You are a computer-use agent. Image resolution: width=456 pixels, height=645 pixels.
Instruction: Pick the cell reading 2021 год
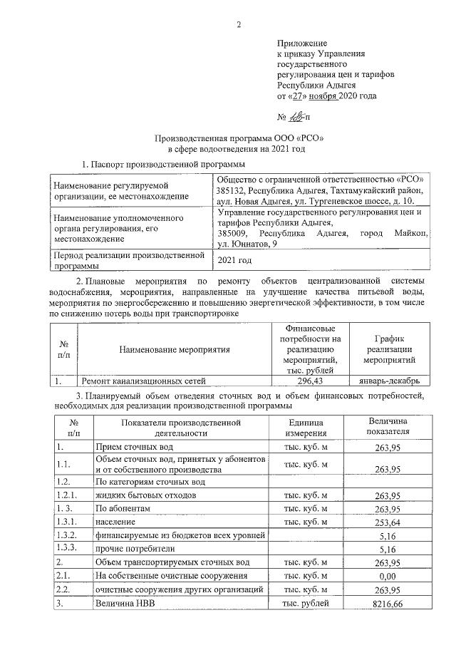[235, 260]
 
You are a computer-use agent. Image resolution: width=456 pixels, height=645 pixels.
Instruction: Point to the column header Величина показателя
[388, 427]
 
